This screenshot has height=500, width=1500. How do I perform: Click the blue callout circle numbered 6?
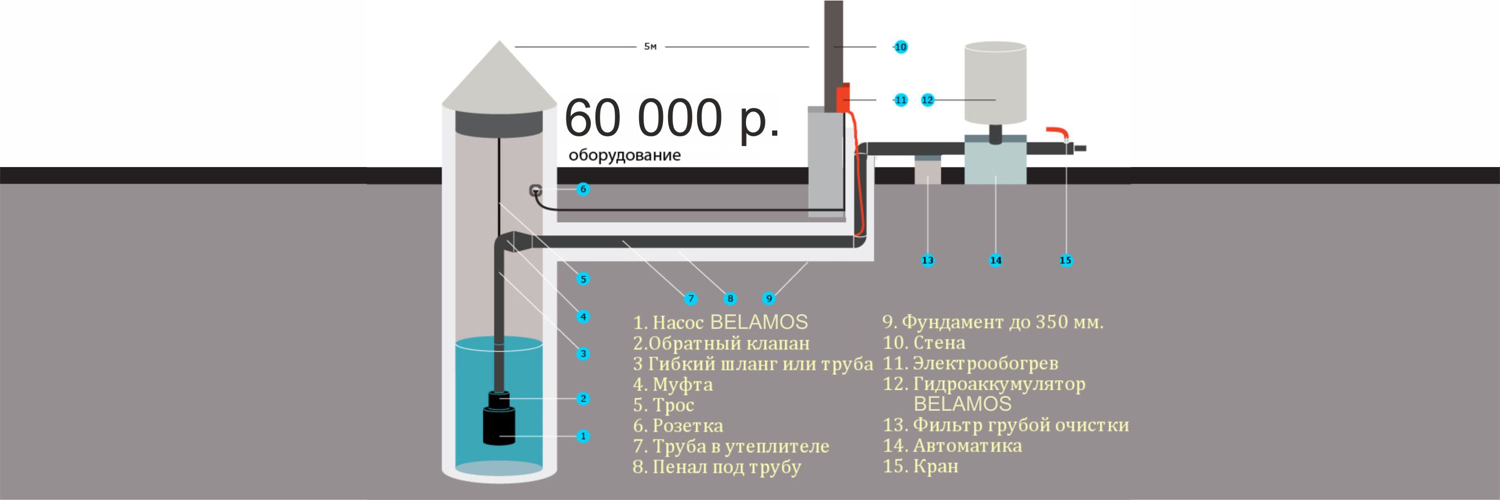583,189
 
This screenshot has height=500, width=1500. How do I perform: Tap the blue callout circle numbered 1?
583,436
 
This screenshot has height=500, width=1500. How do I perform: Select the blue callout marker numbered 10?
901,47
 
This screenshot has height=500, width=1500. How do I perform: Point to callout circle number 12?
927,100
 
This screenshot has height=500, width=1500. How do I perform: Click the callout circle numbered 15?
1066,260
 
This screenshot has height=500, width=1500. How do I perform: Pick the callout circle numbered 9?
769,299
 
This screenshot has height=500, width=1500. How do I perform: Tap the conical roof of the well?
499,76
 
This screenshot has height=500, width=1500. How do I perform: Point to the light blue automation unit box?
995,160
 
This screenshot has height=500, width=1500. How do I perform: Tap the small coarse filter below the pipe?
927,170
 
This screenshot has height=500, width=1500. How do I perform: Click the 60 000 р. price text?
672,119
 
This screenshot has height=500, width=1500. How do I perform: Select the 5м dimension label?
650,47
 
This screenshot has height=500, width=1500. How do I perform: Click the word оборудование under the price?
625,156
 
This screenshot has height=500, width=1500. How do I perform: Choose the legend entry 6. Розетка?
678,426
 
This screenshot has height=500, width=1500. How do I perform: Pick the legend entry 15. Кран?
921,466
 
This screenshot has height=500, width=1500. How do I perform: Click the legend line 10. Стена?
924,343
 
